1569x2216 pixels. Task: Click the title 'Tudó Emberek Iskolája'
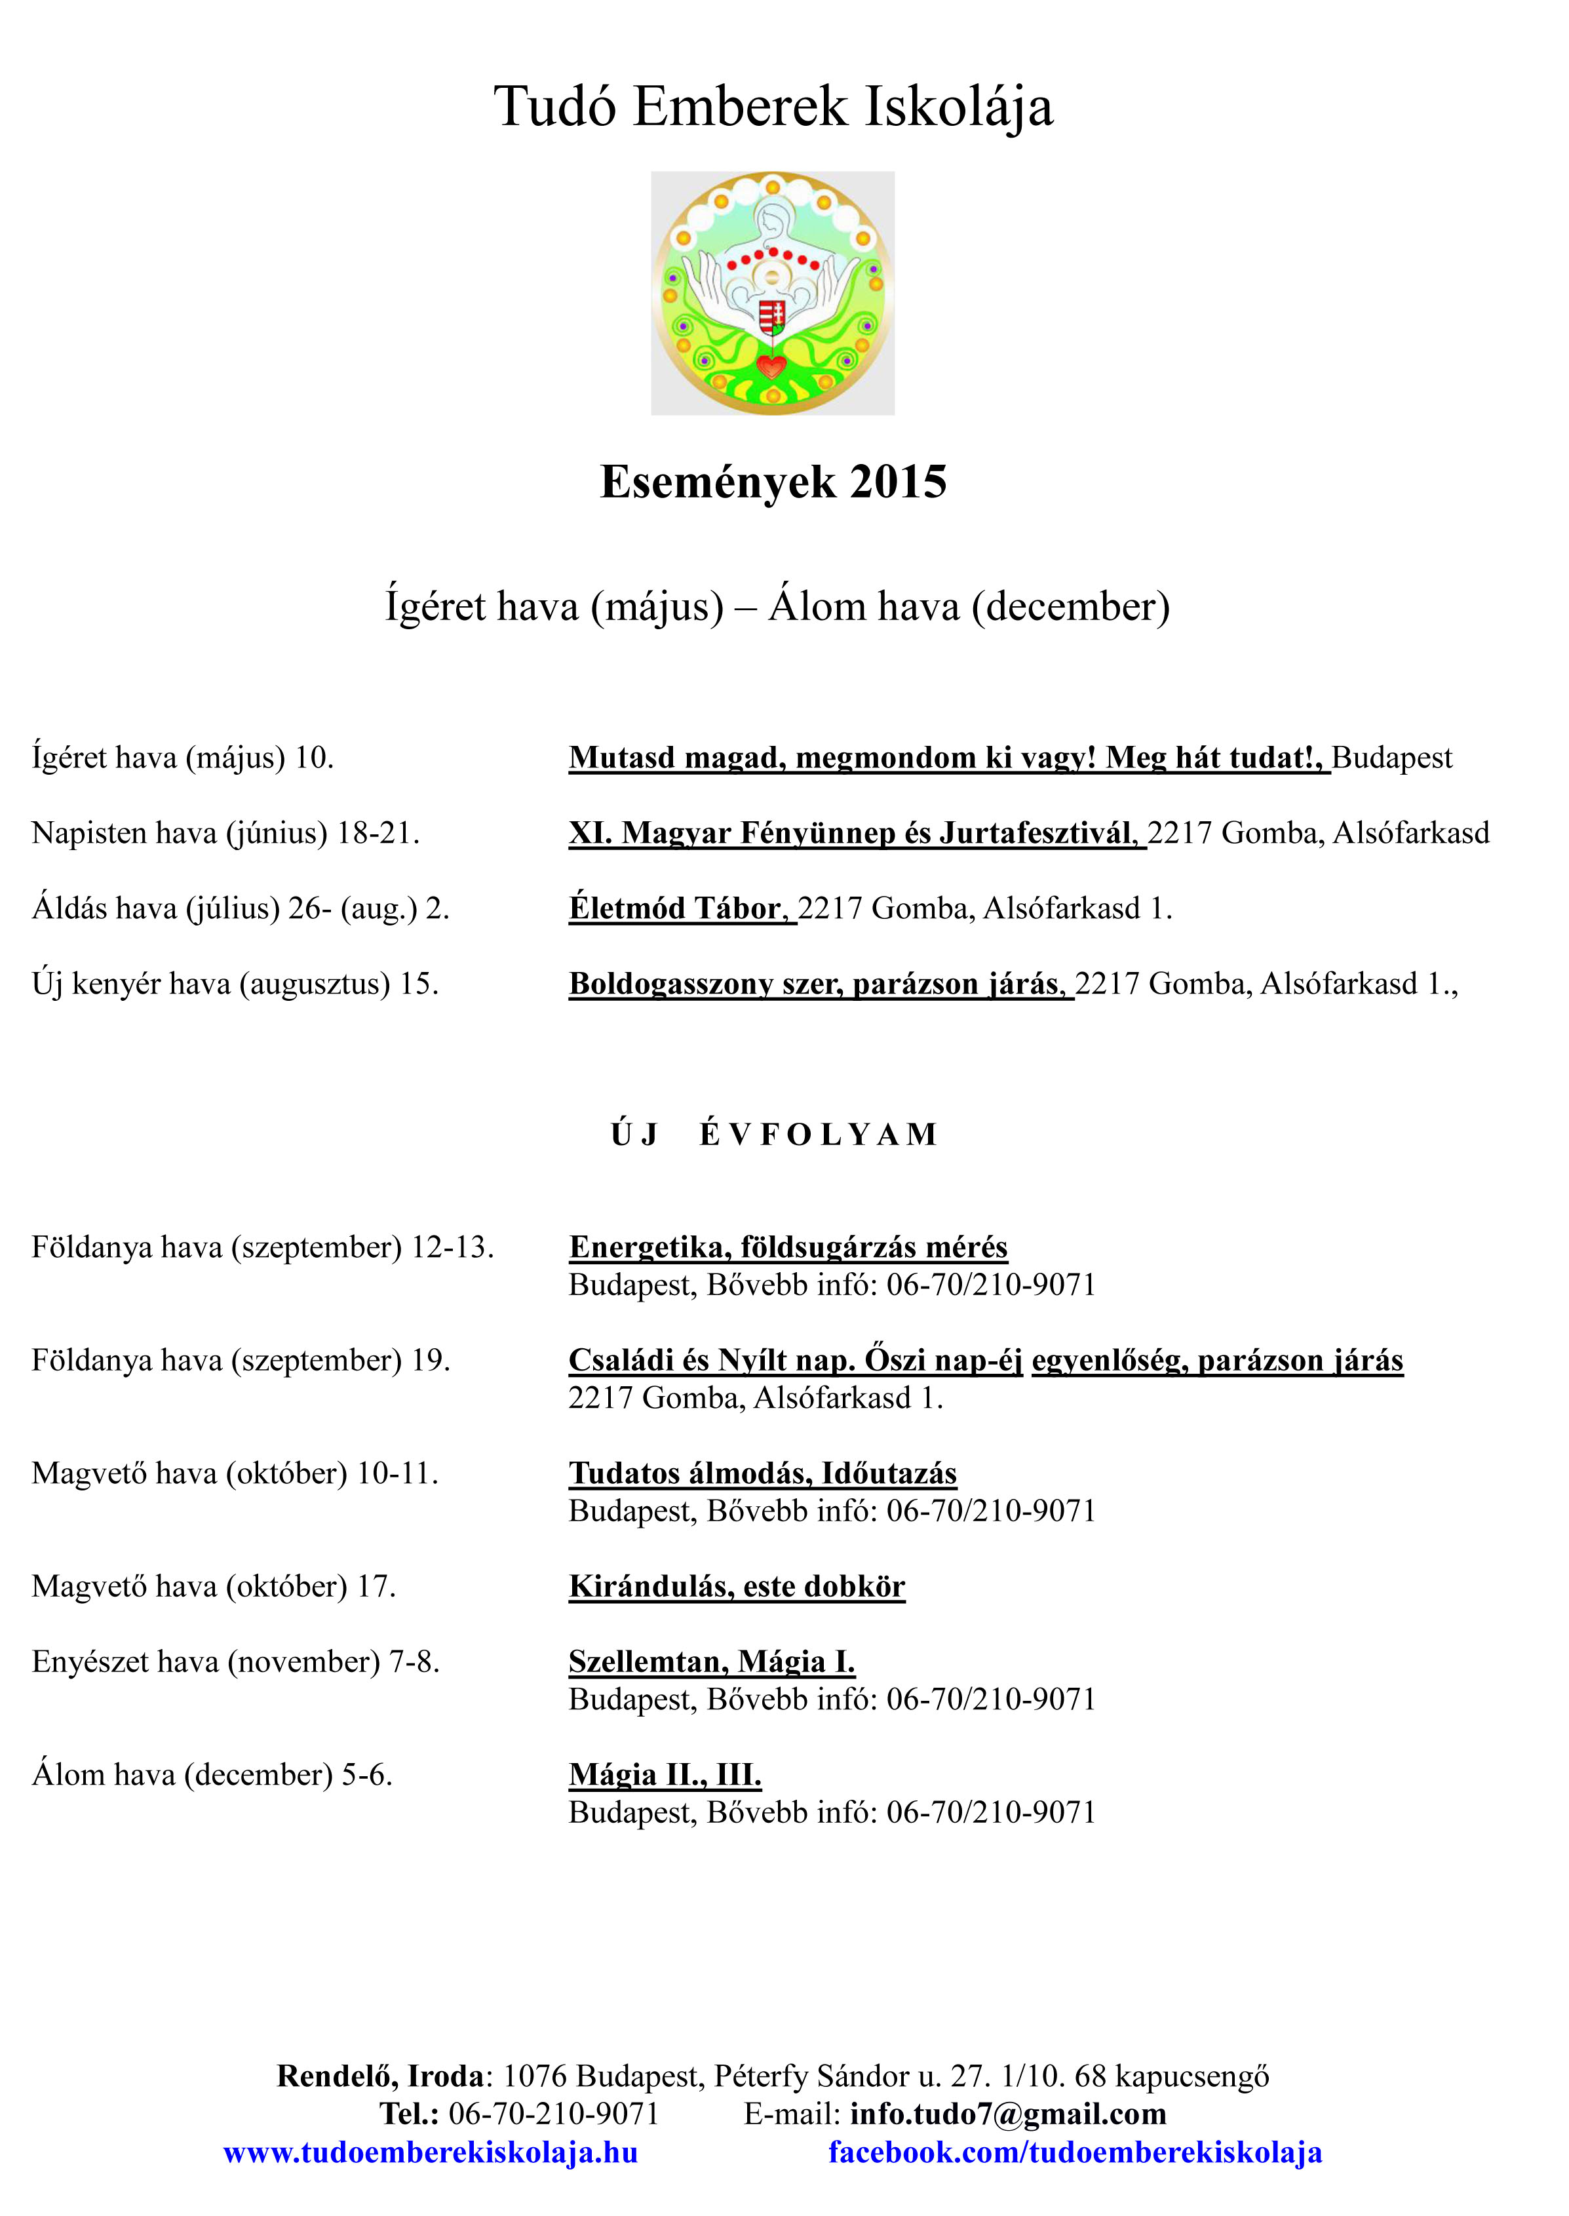(x=773, y=106)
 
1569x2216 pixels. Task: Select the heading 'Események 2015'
(x=773, y=482)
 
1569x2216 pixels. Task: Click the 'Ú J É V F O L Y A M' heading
(x=773, y=1134)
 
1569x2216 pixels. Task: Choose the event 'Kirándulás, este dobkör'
(x=736, y=1586)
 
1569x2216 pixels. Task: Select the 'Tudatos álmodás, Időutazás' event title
(x=762, y=1473)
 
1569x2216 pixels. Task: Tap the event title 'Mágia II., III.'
(x=665, y=1774)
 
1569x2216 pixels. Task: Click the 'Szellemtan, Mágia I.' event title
(x=711, y=1662)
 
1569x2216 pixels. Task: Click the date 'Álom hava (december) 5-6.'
(x=212, y=1774)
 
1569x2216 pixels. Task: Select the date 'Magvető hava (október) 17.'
(x=214, y=1586)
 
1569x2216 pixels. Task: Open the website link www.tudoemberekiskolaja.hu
(x=430, y=2152)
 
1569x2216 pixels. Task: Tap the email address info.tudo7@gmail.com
(x=1008, y=2114)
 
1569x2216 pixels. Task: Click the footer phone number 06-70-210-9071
(x=554, y=2114)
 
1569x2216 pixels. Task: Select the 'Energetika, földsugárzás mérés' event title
(x=787, y=1247)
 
